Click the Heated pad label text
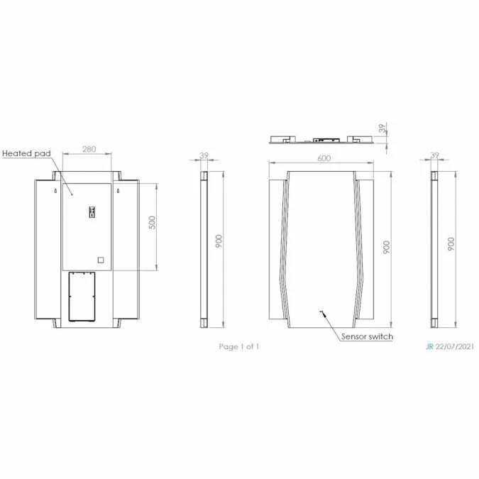pyautogui.click(x=26, y=153)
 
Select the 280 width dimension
pyautogui.click(x=89, y=149)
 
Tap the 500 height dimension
pyautogui.click(x=151, y=222)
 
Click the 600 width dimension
pyautogui.click(x=324, y=158)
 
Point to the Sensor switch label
pyautogui.click(x=367, y=336)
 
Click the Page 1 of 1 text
pyautogui.click(x=239, y=346)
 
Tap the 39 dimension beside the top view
pyautogui.click(x=384, y=128)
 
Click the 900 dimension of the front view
pyautogui.click(x=387, y=246)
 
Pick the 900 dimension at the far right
pyautogui.click(x=451, y=243)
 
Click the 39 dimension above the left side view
pyautogui.click(x=204, y=155)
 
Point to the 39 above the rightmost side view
pyautogui.click(x=435, y=155)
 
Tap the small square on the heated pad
pyautogui.click(x=100, y=260)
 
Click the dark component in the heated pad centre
pyautogui.click(x=91, y=211)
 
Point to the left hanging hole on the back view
pyautogui.click(x=54, y=191)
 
